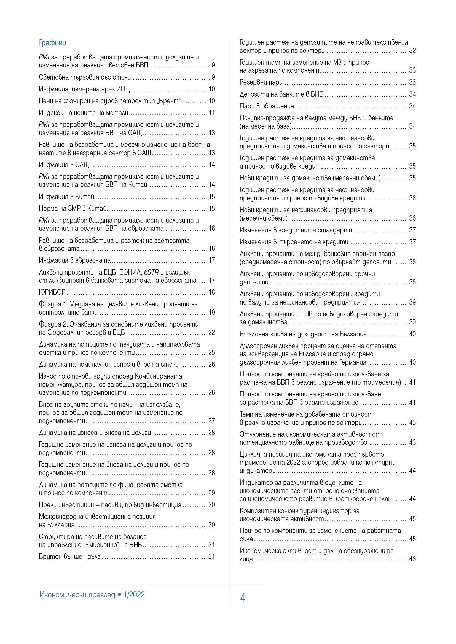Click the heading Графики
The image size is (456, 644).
click(x=52, y=43)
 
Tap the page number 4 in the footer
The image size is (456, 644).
click(x=243, y=598)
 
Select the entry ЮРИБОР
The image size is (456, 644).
click(x=52, y=292)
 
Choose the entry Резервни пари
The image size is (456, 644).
click(x=261, y=82)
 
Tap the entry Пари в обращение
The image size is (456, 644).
click(x=267, y=106)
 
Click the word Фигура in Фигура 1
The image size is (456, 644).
click(x=50, y=304)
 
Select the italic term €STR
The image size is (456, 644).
click(x=151, y=272)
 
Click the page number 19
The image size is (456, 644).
click(x=212, y=312)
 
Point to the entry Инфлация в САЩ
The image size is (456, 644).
click(x=64, y=165)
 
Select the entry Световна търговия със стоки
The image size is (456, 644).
click(x=85, y=77)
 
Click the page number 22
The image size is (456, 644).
click(x=212, y=332)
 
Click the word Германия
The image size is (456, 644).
click(x=353, y=362)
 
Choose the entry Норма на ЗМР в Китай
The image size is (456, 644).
click(x=73, y=208)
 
